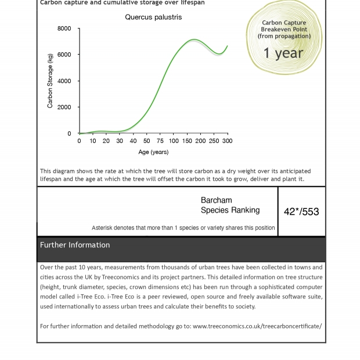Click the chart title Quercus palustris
click(x=153, y=17)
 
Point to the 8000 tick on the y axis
click(x=64, y=28)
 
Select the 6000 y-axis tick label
click(x=64, y=55)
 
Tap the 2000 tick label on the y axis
click(x=64, y=107)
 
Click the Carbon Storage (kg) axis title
click(x=50, y=81)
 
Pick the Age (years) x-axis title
click(x=153, y=152)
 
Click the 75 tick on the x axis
click(x=160, y=141)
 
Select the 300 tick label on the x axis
click(x=227, y=141)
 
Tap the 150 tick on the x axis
click(x=187, y=141)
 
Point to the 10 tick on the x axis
click(x=93, y=141)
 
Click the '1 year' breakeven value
click(x=283, y=53)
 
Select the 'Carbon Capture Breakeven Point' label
click(x=284, y=26)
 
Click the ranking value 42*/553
click(x=301, y=212)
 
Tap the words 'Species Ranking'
click(x=230, y=210)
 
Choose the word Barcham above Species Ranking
click(x=216, y=200)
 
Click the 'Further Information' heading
click(x=75, y=245)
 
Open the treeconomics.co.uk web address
click(x=257, y=326)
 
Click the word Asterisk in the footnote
click(x=105, y=228)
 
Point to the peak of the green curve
click(x=193, y=40)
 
